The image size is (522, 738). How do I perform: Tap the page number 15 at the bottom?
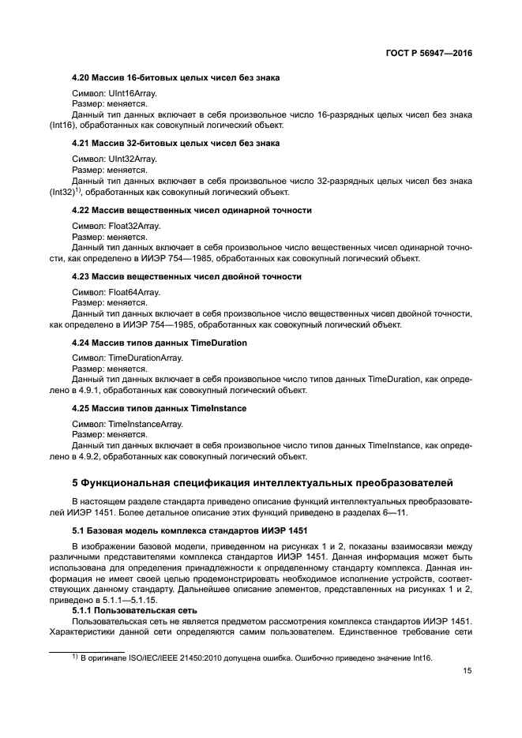point(468,671)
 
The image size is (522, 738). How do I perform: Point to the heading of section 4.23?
point(186,276)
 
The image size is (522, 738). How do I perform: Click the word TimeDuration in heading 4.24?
point(219,343)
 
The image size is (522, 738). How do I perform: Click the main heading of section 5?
point(260,482)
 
